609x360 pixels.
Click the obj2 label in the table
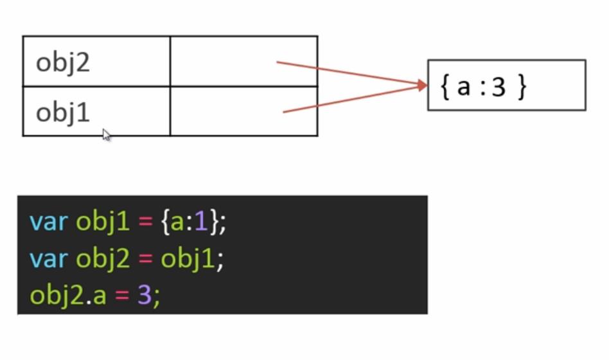(x=62, y=63)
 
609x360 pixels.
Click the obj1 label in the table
(x=62, y=113)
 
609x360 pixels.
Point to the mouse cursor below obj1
(x=106, y=134)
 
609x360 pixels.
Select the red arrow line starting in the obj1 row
(x=347, y=100)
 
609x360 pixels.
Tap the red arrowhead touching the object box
(x=421, y=85)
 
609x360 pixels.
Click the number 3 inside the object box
(x=499, y=87)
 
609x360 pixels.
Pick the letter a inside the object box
(x=464, y=87)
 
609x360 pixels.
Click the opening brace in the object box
(x=445, y=87)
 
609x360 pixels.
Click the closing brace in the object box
(x=521, y=87)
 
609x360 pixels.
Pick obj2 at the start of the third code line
(x=57, y=296)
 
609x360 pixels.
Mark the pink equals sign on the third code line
(x=122, y=296)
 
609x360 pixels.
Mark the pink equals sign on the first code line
(x=144, y=222)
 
